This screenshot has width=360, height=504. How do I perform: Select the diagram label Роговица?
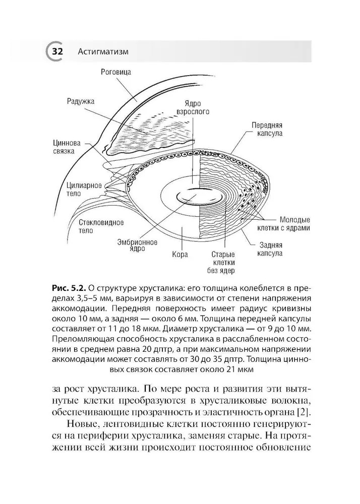[116, 72]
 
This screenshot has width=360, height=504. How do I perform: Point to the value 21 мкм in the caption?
[237, 369]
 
